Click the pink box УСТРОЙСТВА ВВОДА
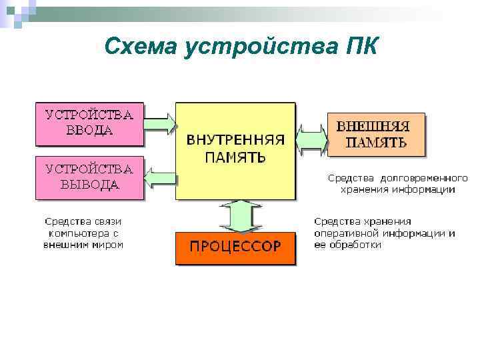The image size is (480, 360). tap(89, 123)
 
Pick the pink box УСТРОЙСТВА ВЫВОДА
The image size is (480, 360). tap(89, 177)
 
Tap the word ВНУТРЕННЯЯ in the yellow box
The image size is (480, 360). tap(235, 141)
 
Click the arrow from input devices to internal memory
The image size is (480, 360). tap(160, 123)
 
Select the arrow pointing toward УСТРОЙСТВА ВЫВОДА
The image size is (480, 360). tap(160, 178)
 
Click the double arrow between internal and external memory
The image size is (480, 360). tap(311, 139)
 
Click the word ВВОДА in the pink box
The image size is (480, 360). tap(89, 131)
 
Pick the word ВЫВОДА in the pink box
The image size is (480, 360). tap(89, 185)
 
